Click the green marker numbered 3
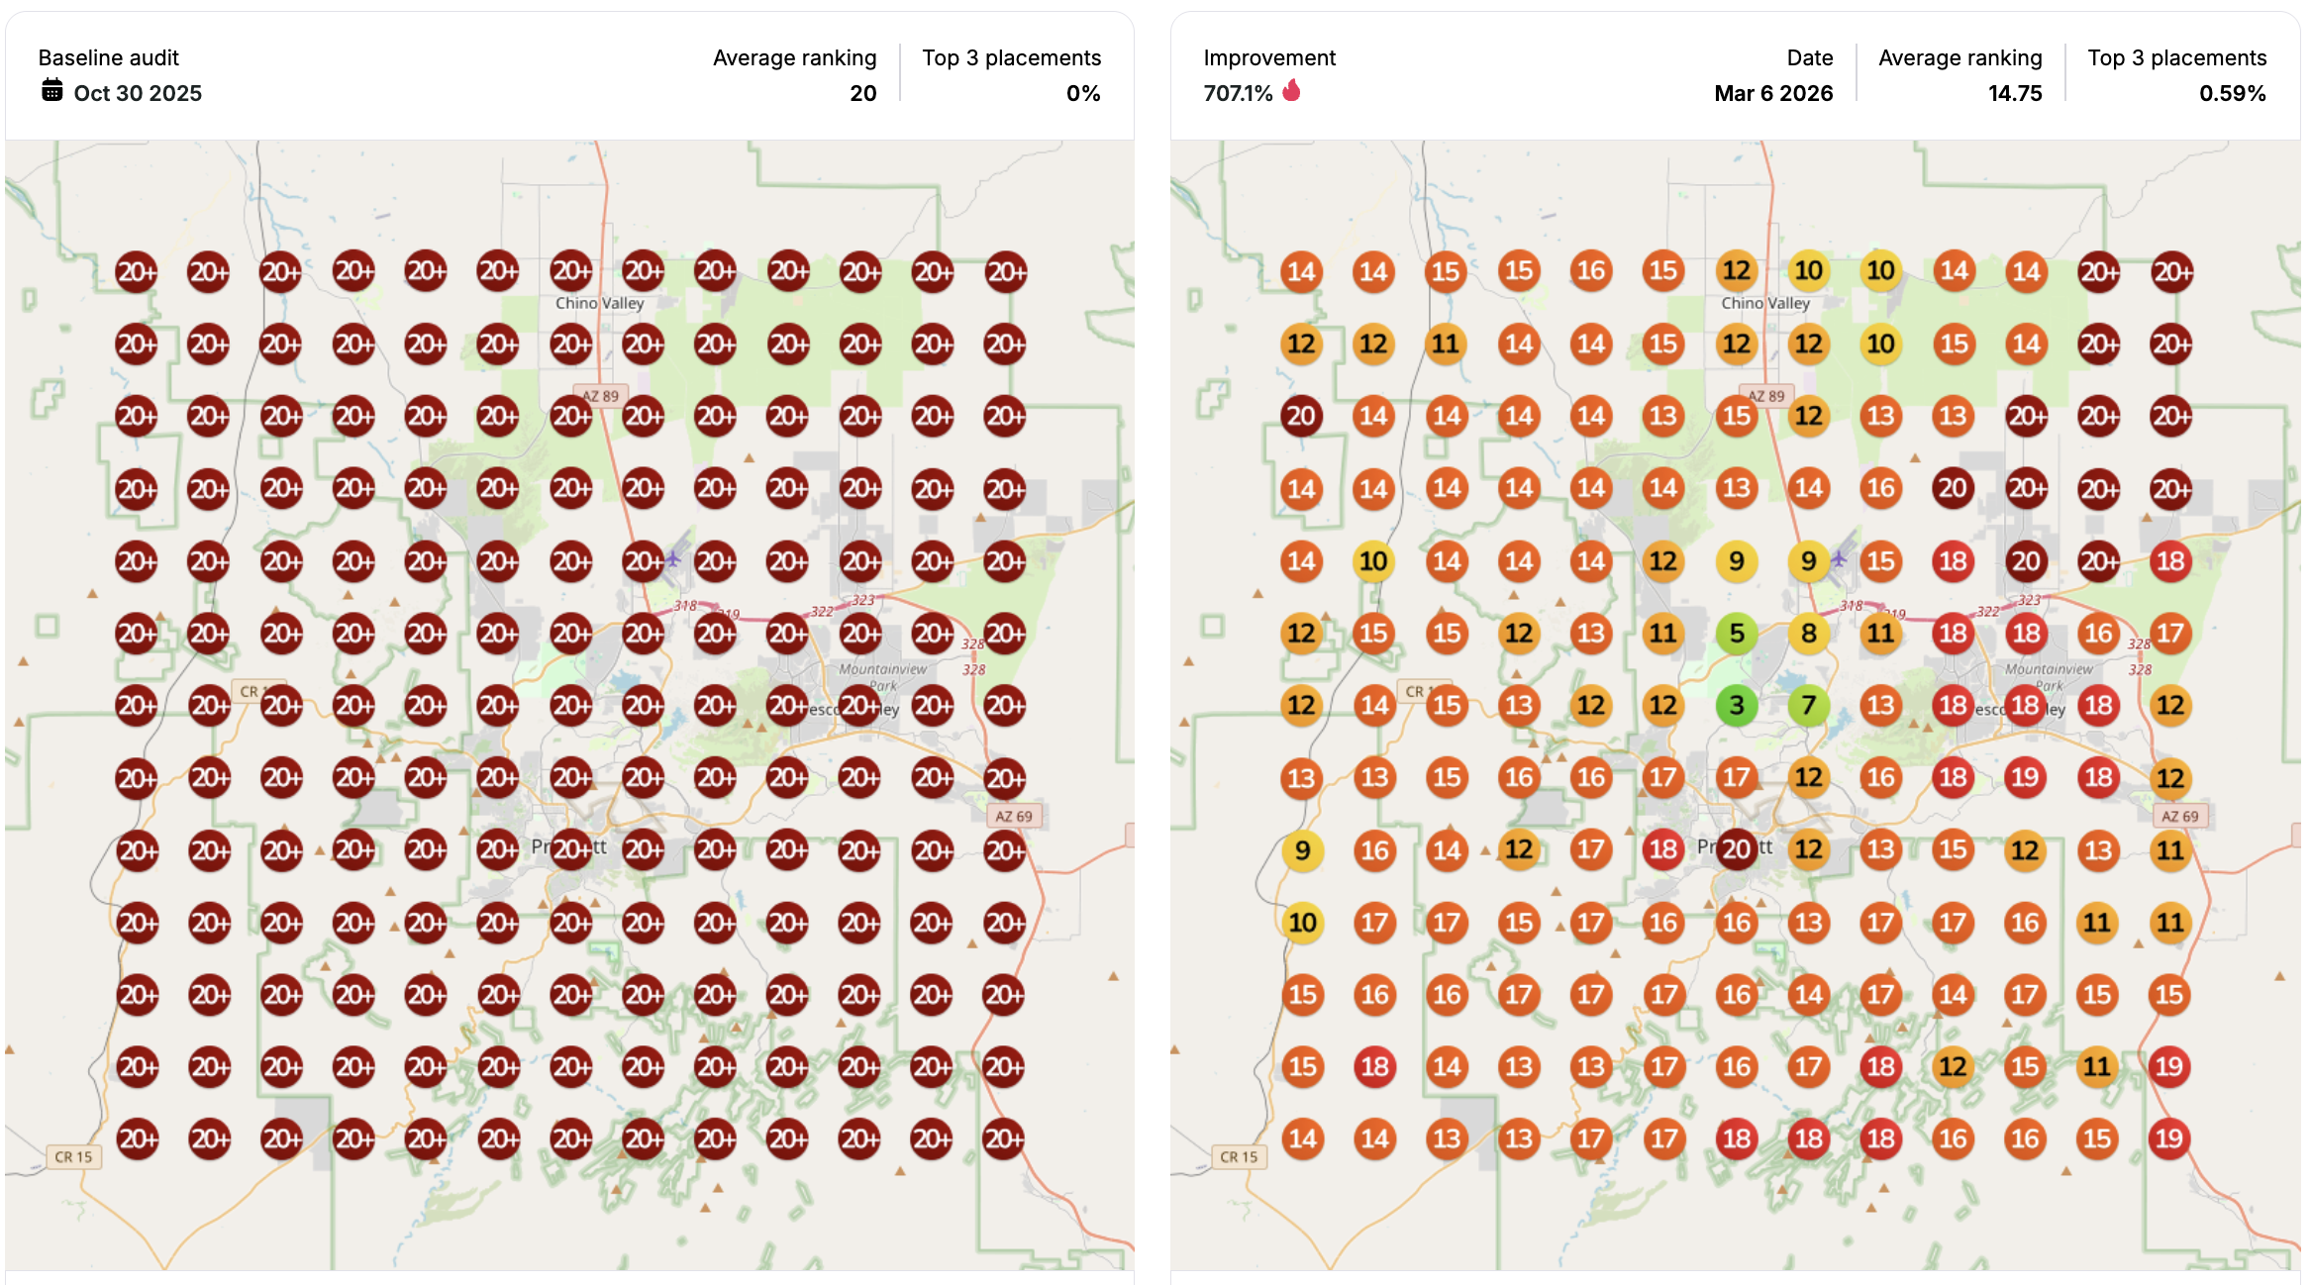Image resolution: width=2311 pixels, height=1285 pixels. coord(1736,706)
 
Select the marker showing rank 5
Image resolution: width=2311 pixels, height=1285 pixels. coord(1736,634)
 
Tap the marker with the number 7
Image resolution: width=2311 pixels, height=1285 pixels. coord(1808,706)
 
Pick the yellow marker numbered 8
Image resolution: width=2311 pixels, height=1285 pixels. coord(1808,634)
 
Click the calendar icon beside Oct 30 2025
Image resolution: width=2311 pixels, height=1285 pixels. coord(52,91)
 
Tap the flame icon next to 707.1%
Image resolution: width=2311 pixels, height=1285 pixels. coord(1291,91)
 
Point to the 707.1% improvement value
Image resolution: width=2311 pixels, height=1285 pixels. coord(1238,93)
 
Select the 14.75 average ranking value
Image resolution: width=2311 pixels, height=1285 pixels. coord(2014,93)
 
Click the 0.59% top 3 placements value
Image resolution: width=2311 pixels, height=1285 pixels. coord(2232,93)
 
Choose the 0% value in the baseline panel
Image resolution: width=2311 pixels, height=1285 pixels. coord(1082,93)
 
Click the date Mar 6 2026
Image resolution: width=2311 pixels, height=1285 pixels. coord(1772,93)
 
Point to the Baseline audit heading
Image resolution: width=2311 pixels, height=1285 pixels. coord(109,57)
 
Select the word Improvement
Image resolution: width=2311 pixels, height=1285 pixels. coord(1268,57)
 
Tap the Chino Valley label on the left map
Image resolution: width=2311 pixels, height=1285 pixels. coord(599,303)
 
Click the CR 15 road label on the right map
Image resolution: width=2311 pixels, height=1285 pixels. coord(1238,1156)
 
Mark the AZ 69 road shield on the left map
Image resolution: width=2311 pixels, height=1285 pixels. coord(1014,816)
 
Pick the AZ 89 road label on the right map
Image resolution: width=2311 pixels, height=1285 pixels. coord(1765,396)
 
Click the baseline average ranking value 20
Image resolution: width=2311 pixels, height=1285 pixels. coord(862,93)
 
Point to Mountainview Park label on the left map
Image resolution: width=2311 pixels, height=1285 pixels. coord(882,675)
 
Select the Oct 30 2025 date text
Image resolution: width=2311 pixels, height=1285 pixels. coord(138,93)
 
